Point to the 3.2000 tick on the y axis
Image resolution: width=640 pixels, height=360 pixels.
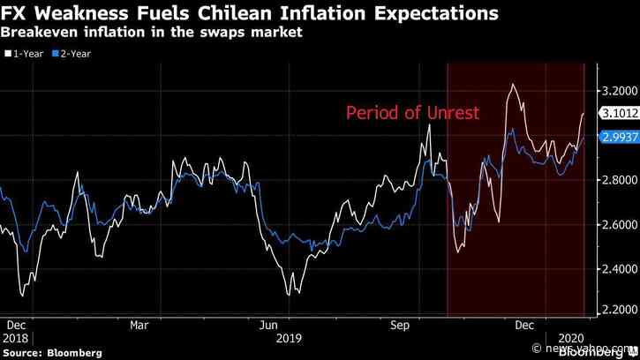point(618,91)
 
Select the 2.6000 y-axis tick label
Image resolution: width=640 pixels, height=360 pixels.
point(618,225)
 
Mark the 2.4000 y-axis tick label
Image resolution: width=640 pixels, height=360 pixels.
point(618,269)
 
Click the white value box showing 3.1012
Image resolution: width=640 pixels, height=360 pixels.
point(618,113)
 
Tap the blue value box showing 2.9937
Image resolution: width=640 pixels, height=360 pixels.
point(618,137)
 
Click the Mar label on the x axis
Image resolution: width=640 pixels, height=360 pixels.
point(139,325)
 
